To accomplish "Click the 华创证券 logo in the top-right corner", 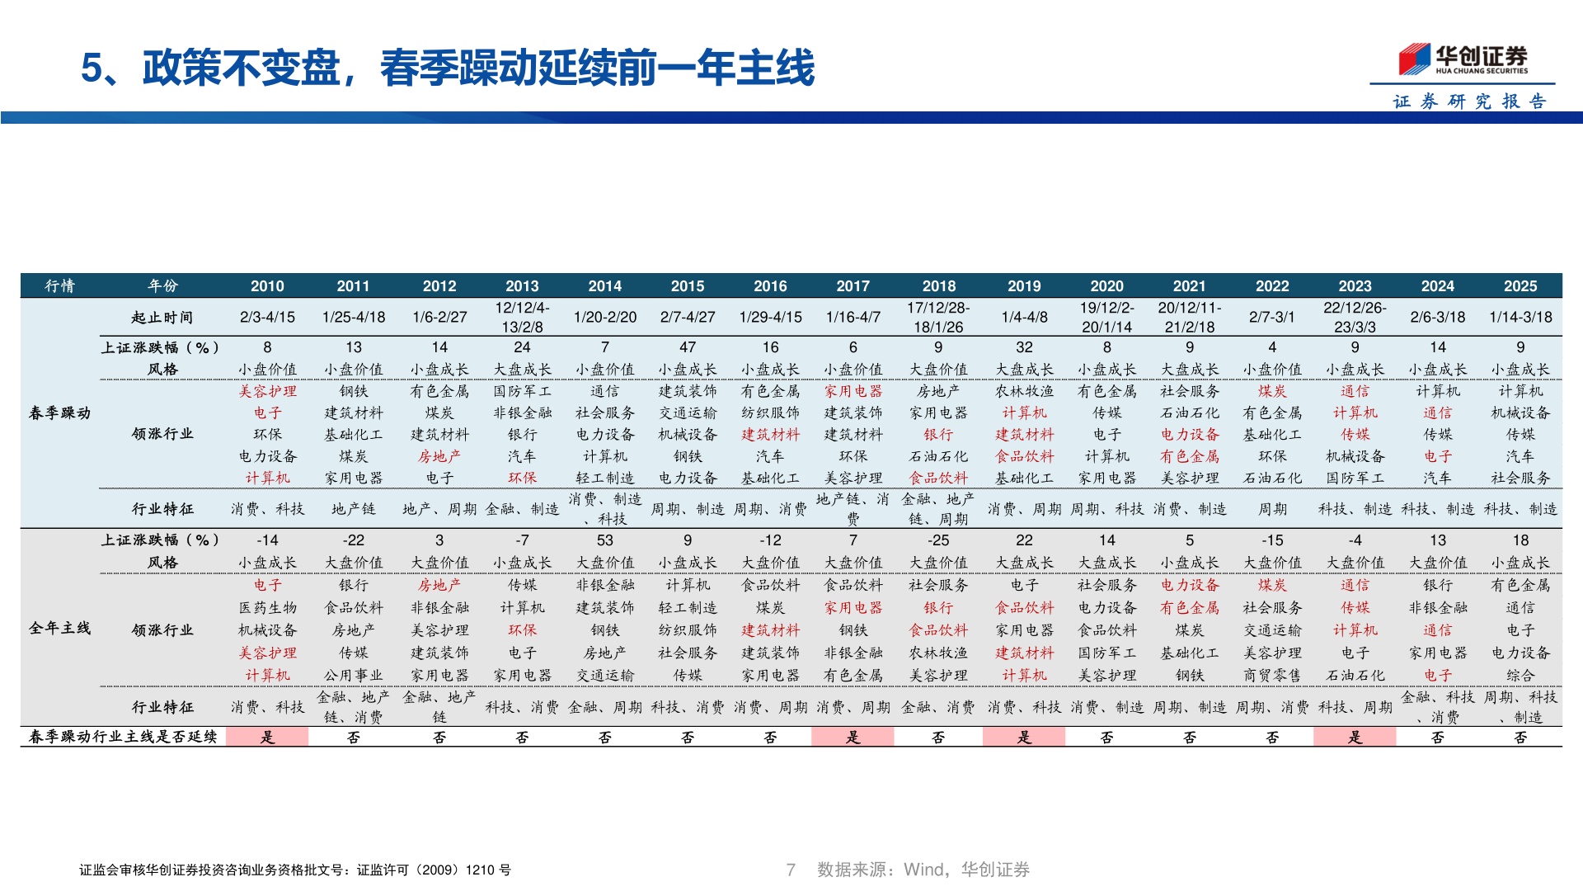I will coord(1463,59).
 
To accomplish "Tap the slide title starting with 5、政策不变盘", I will coord(448,68).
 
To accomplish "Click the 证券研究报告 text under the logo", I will coord(1469,101).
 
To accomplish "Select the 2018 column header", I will coord(938,286).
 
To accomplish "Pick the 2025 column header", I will coord(1520,286).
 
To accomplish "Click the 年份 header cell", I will coord(162,286).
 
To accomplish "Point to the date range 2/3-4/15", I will coord(267,318).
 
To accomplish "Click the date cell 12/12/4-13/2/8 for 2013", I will coord(522,318).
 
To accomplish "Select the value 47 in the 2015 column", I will coord(688,347).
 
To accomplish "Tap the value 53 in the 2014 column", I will coord(604,540).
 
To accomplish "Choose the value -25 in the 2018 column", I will coord(938,540).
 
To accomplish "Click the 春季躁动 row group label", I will coord(59,412).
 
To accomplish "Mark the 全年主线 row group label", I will coord(59,628).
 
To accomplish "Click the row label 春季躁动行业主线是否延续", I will coord(123,737).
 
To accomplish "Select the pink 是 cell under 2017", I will coord(853,737).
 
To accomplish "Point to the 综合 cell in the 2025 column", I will coord(1520,675).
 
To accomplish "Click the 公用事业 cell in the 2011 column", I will coord(353,675).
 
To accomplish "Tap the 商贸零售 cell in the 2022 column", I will coord(1271,675).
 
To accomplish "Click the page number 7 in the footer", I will coord(791,870).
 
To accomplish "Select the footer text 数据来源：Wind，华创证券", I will coord(923,870).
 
